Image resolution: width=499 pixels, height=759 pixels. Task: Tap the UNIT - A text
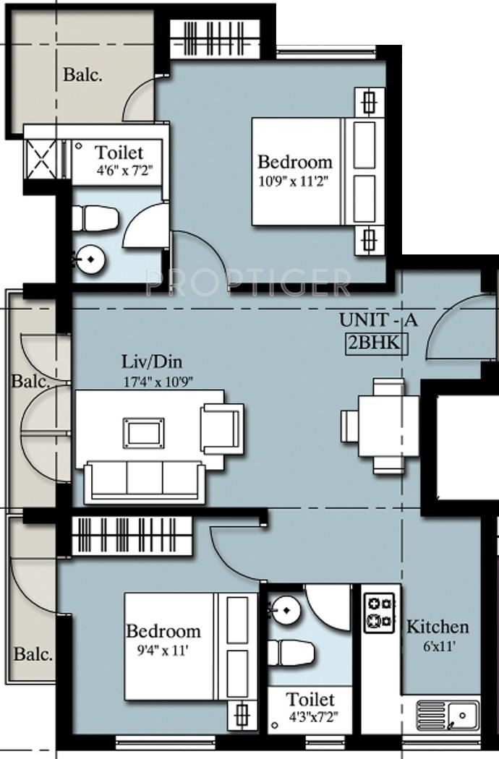[x=378, y=320]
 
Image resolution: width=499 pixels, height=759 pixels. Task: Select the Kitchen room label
[x=438, y=627]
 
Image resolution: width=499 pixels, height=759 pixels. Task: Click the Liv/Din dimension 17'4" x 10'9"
[x=159, y=381]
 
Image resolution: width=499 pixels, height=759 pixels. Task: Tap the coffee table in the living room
[x=143, y=433]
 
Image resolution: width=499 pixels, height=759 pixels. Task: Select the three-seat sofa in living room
[x=144, y=482]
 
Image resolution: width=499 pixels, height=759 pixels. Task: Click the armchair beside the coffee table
[x=222, y=429]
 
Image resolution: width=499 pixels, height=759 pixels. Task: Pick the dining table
[x=388, y=426]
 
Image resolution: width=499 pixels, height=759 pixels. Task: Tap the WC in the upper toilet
[x=95, y=219]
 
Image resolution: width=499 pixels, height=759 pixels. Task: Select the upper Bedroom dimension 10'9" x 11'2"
[x=294, y=182]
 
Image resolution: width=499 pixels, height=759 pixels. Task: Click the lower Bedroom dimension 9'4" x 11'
[x=161, y=651]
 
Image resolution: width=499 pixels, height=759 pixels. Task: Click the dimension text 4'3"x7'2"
[x=310, y=716]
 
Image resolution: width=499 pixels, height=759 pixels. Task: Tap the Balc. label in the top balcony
[x=83, y=75]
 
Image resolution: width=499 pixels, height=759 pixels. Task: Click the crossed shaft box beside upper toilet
[x=40, y=159]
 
